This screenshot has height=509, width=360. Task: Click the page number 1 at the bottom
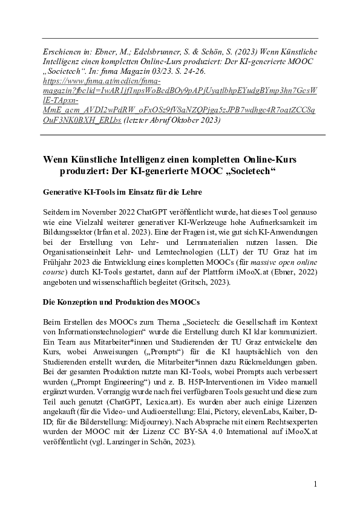point(315,484)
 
